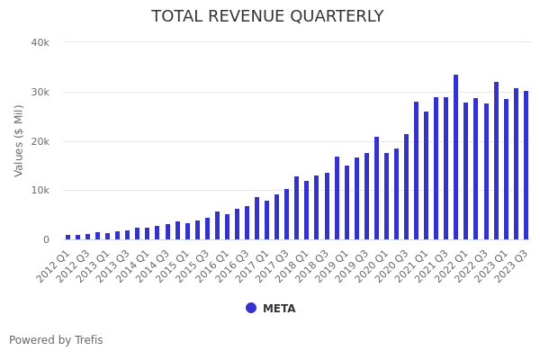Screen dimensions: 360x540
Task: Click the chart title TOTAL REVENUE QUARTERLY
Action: [267, 17]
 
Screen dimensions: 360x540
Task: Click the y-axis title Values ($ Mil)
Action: [20, 140]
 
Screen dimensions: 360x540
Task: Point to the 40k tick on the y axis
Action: [40, 42]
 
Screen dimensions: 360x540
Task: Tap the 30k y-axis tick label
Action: [40, 92]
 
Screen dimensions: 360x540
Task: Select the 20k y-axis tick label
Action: [40, 141]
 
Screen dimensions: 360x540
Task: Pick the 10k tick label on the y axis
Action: [40, 191]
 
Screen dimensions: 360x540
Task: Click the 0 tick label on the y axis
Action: [45, 240]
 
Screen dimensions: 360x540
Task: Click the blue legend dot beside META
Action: [251, 308]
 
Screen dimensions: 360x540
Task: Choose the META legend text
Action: [279, 309]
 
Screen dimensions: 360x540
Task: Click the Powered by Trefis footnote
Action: [56, 340]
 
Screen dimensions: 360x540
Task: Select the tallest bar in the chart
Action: [456, 157]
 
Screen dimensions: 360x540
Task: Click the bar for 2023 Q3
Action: [526, 166]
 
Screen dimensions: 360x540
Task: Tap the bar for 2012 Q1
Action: [67, 238]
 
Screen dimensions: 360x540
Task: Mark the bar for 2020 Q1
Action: [387, 196]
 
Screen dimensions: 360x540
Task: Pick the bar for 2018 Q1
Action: [307, 211]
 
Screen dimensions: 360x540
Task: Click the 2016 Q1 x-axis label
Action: [213, 266]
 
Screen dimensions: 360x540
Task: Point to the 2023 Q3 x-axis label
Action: [512, 266]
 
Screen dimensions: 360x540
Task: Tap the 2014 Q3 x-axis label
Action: [154, 266]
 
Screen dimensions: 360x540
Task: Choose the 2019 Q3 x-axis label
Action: [353, 266]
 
